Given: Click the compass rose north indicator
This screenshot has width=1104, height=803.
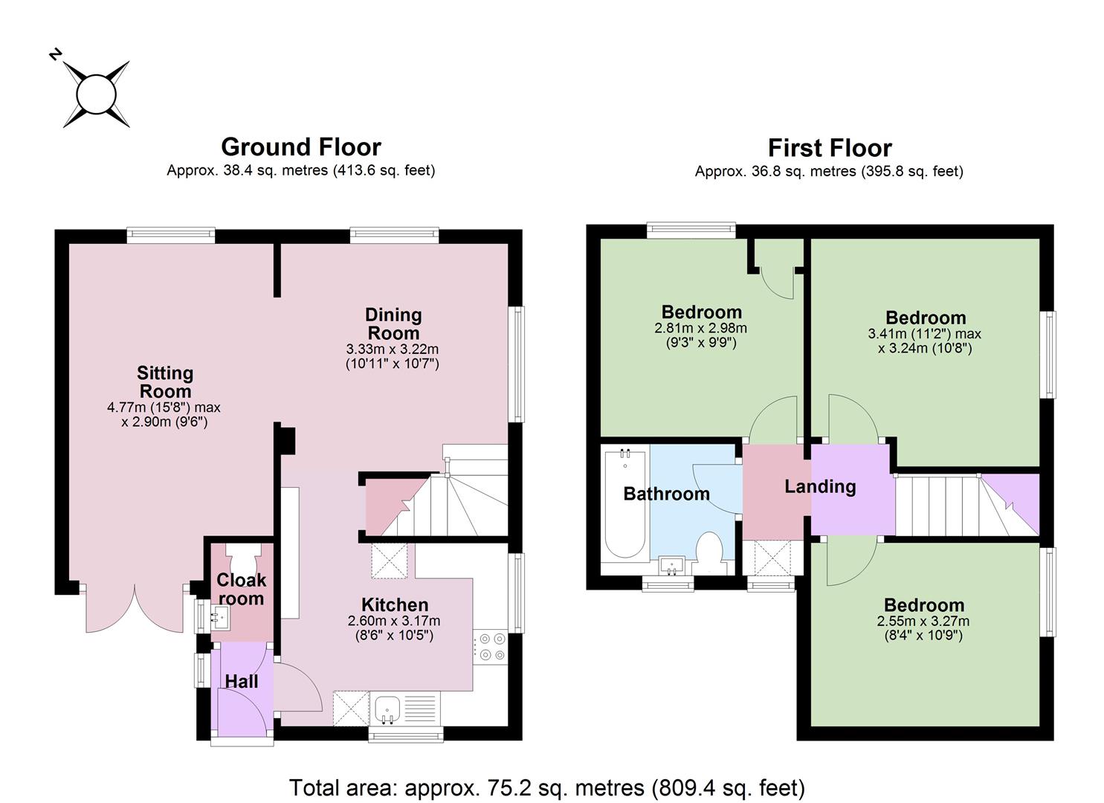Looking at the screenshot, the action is [x=56, y=54].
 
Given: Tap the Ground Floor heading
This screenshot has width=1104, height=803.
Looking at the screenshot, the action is [x=301, y=147].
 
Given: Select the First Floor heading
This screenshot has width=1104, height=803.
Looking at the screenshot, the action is [x=830, y=148].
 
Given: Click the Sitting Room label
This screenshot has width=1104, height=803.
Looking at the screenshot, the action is [x=165, y=382].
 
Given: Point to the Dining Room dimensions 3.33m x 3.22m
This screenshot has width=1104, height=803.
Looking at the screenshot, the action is [x=393, y=349].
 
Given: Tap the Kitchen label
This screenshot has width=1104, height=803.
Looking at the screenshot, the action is [x=395, y=604].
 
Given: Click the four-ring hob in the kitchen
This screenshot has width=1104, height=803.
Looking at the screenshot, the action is [x=491, y=647].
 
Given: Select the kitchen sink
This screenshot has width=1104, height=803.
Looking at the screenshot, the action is [x=387, y=709].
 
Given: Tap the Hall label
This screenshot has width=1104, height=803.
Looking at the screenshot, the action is [x=242, y=681].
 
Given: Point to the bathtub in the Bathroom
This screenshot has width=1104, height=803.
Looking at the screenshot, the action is [x=625, y=503].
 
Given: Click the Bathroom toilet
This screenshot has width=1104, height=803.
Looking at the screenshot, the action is [x=709, y=552].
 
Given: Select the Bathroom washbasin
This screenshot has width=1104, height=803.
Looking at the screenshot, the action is [x=671, y=565].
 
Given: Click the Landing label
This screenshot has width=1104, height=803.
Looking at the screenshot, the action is [x=820, y=486].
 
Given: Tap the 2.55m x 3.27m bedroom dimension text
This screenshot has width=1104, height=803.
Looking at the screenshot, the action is [x=923, y=621].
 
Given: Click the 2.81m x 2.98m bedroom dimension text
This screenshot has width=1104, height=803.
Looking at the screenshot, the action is [x=701, y=328].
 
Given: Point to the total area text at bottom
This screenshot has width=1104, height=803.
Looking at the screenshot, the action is [x=546, y=787].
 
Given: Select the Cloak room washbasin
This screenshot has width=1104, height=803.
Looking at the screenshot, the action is [x=220, y=617].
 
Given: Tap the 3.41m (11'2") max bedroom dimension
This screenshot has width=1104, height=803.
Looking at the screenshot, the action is [x=925, y=334].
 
